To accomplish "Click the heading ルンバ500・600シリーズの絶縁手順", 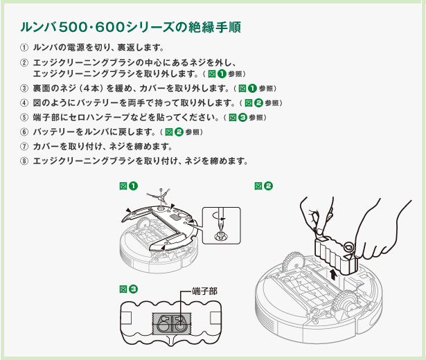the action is (131, 28).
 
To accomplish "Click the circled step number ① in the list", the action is (24, 48).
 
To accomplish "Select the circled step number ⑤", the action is (24, 118).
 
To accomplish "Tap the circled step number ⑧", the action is (24, 161).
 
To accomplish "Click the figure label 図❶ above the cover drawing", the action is (129, 186).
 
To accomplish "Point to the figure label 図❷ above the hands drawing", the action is (263, 186).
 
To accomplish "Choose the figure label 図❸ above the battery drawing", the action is (129, 289).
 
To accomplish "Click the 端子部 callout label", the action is (204, 291).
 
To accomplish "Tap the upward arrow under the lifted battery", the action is (334, 276).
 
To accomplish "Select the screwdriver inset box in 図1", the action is (222, 225).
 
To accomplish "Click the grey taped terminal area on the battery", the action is (172, 323).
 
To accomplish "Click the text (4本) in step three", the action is (93, 89).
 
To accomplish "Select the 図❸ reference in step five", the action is (238, 118).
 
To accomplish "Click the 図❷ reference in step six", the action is (174, 132).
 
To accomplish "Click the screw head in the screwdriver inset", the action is (221, 236).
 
